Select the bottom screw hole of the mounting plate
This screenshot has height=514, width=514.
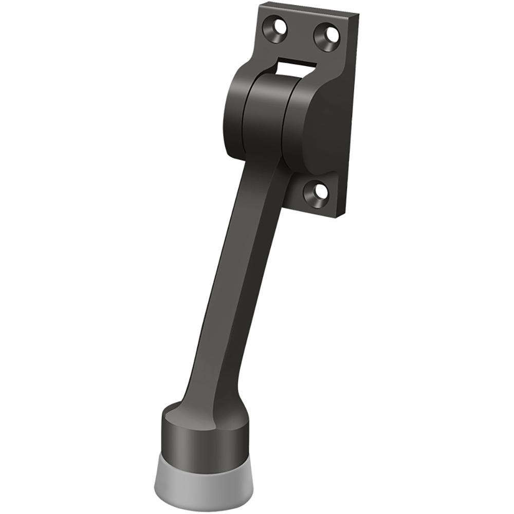(316, 192)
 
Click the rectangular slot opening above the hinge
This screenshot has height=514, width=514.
(296, 64)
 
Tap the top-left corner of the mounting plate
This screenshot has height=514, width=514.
(260, 4)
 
